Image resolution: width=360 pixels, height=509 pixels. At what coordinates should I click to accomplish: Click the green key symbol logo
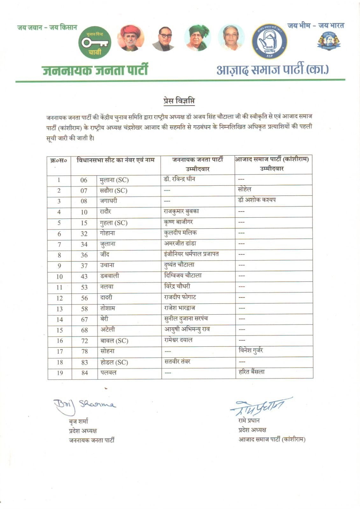[x=95, y=43]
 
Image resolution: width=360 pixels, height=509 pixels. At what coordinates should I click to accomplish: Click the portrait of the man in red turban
[x=131, y=38]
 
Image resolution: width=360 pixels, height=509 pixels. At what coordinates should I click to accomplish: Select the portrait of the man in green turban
[x=197, y=38]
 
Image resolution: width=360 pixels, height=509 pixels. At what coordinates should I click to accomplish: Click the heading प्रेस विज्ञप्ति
[x=179, y=101]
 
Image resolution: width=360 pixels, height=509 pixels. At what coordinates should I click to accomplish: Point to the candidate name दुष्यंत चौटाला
[x=179, y=265]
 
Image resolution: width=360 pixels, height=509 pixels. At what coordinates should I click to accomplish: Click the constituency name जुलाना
[x=108, y=244]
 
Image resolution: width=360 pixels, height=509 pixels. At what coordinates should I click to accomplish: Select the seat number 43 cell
[x=84, y=276]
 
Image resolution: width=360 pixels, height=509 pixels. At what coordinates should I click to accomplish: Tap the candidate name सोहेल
[x=244, y=189]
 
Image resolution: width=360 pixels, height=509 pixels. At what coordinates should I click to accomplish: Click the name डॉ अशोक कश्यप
[x=257, y=200]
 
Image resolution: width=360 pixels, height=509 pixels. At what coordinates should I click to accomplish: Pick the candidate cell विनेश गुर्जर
[x=251, y=351]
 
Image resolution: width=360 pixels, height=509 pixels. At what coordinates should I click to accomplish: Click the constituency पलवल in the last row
[x=108, y=373]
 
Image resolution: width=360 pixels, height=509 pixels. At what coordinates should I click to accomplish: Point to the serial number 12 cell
[x=60, y=298]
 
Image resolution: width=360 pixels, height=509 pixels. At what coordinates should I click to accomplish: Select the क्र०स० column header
[x=59, y=161]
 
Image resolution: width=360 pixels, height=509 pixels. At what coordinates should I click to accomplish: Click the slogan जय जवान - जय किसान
[x=47, y=28]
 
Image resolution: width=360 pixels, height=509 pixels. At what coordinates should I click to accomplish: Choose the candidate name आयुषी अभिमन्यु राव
[x=187, y=329]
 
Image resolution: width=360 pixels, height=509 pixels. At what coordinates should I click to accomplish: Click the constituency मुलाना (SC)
[x=114, y=180]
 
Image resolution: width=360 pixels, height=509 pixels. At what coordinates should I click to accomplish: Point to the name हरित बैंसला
[x=251, y=372]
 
